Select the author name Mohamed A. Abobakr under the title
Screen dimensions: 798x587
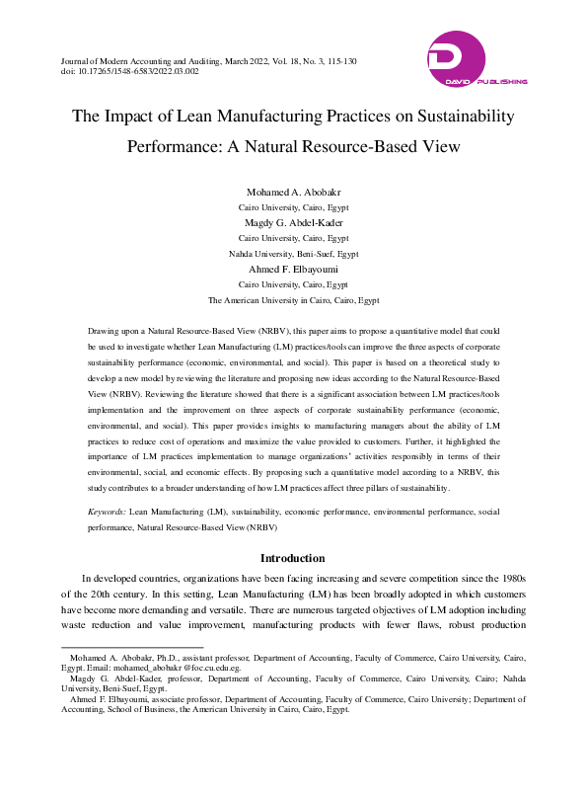[293, 192]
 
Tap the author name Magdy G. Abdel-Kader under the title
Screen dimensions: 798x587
[293, 223]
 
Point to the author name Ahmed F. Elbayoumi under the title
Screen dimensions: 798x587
[293, 269]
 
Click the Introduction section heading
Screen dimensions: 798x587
[293, 558]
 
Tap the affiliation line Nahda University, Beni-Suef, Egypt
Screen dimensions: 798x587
[293, 254]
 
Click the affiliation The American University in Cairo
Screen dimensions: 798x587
[293, 299]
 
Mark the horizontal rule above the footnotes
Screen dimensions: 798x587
[118, 648]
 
